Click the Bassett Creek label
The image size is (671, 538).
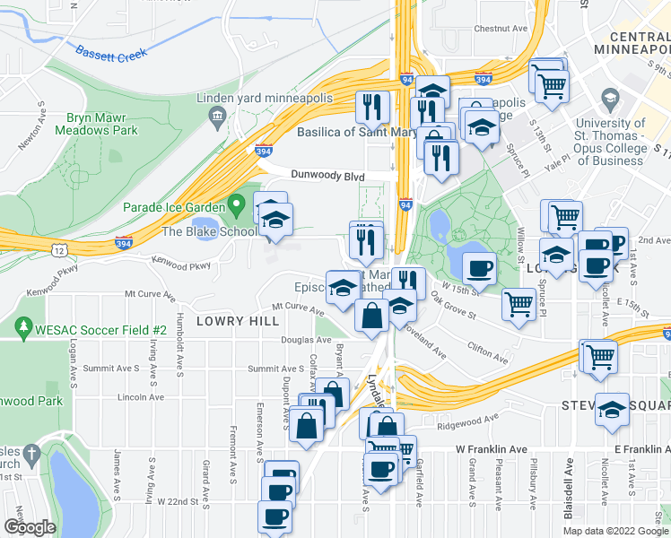(x=111, y=56)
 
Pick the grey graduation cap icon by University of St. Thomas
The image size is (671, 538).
(x=610, y=99)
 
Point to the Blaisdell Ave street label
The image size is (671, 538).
(x=568, y=485)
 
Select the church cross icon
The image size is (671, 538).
(x=31, y=455)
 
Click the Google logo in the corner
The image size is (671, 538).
(x=30, y=527)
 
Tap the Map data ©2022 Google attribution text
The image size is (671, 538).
(x=615, y=531)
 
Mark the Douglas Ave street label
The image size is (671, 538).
(x=306, y=341)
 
